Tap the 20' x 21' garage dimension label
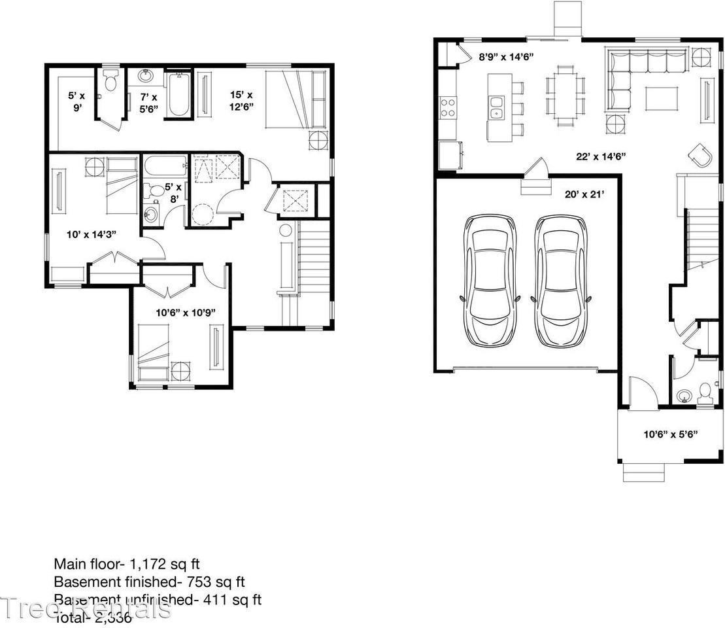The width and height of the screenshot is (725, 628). [584, 194]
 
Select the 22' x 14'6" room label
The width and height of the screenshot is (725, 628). [601, 156]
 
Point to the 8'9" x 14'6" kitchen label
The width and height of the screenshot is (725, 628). [507, 57]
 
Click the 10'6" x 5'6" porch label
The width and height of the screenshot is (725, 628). [669, 433]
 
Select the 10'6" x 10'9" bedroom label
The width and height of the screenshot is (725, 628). [182, 312]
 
